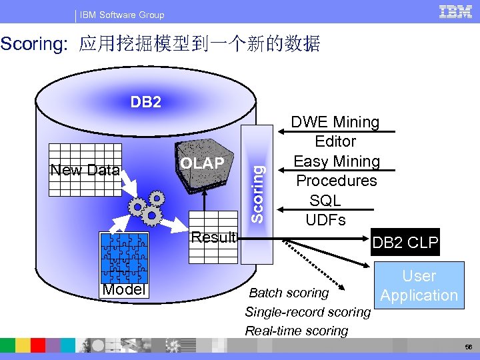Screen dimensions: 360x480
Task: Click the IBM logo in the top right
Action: click(456, 12)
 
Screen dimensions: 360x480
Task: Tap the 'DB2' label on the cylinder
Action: click(145, 102)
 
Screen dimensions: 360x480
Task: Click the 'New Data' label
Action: click(85, 170)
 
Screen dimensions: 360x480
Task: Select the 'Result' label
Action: click(213, 237)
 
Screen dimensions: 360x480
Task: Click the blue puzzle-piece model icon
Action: click(125, 257)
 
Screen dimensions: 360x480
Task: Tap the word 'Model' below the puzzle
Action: click(124, 289)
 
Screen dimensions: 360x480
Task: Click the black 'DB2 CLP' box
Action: click(405, 243)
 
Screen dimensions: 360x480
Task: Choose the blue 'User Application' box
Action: click(419, 285)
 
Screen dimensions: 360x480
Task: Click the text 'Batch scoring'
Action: click(289, 293)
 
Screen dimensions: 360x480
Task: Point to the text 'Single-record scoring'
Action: click(307, 311)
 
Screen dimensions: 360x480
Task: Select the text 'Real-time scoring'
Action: click(297, 331)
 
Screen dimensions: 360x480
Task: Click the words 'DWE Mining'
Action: click(335, 122)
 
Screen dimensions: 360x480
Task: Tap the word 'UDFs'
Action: click(325, 219)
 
